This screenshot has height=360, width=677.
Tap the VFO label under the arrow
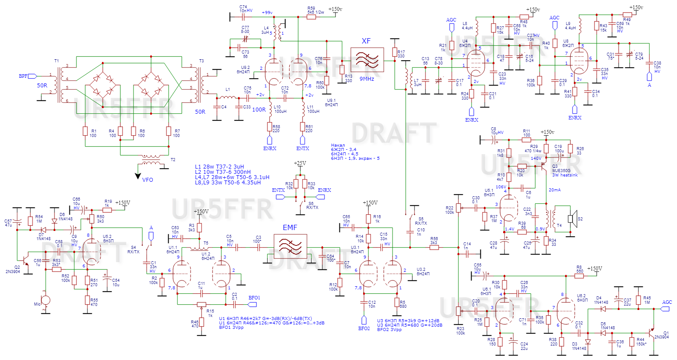coord(148,180)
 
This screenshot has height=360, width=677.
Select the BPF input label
coord(23,76)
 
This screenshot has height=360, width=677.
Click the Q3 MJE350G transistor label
coord(561,170)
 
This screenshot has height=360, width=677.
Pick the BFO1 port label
coord(254,298)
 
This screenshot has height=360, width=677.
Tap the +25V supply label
coord(300,163)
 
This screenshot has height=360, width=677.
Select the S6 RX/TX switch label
coord(313,205)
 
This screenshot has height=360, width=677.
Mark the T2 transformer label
coord(173,160)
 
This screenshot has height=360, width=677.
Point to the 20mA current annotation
coord(555,190)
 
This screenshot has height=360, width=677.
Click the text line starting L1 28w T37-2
coord(220,167)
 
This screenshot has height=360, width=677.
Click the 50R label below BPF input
coord(42,86)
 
